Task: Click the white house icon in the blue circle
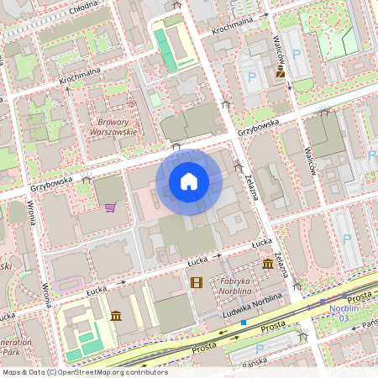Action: click(189, 181)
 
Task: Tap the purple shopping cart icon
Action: click(110, 207)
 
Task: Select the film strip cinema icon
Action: click(197, 283)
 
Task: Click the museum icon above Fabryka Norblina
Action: click(268, 264)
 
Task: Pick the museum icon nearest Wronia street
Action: click(115, 316)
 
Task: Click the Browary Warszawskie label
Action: click(113, 126)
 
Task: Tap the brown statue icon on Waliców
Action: click(281, 73)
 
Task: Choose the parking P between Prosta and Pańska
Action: click(259, 349)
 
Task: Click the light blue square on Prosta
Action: click(244, 322)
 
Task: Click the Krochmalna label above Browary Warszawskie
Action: click(81, 77)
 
